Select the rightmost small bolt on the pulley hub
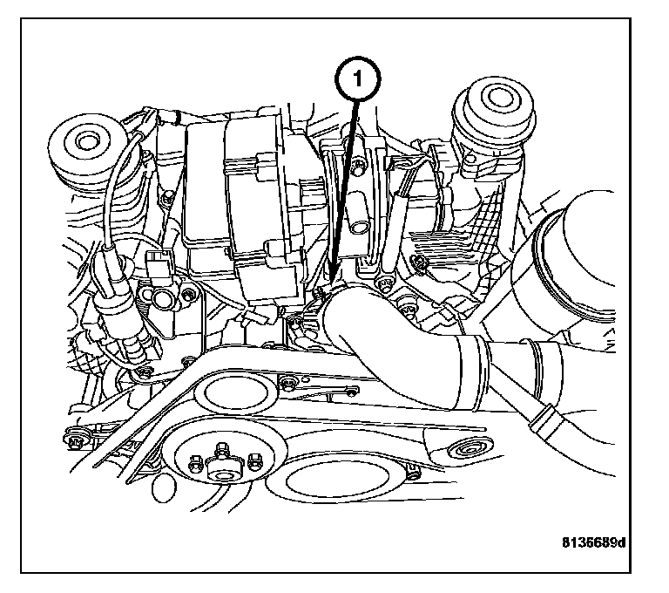(x=254, y=460)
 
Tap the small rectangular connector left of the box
(x=159, y=262)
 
